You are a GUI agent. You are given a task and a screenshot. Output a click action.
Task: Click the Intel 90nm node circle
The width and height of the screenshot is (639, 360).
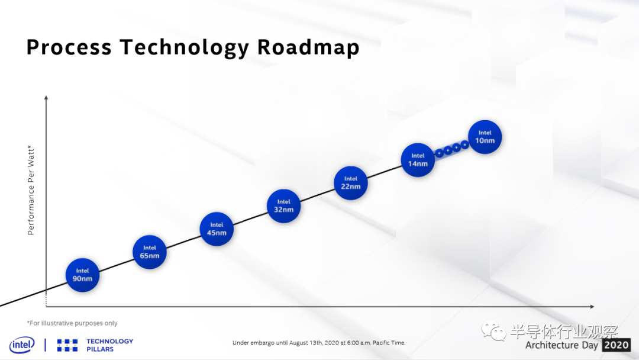(82, 275)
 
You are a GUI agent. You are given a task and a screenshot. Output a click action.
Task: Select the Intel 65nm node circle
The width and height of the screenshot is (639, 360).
(150, 252)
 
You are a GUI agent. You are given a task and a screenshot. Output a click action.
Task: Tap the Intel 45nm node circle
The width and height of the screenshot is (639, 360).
(217, 229)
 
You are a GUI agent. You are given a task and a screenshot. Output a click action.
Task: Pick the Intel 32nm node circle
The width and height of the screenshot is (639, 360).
(283, 206)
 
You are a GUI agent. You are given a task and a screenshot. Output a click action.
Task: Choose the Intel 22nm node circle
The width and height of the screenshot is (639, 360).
(350, 183)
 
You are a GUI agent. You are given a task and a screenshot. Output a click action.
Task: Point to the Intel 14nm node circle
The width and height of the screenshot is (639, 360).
(418, 160)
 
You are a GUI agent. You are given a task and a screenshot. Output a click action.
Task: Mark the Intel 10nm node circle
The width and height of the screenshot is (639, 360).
(485, 137)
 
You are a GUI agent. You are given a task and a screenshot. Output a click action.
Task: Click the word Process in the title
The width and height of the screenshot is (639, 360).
(69, 47)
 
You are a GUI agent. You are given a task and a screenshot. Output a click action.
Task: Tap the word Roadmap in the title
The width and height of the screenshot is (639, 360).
(308, 48)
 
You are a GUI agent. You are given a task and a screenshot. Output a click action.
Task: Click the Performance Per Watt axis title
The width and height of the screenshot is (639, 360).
(31, 191)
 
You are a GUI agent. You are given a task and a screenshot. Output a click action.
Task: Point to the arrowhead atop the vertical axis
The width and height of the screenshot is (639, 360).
(46, 98)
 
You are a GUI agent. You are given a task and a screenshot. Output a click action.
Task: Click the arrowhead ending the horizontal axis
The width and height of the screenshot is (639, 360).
(592, 306)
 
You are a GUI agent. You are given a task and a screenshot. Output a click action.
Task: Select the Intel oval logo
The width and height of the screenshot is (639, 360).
(22, 345)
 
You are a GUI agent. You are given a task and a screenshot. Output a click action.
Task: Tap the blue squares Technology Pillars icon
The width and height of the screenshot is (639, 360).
(67, 345)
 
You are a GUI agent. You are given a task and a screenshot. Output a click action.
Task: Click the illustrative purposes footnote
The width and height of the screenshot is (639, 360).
(72, 323)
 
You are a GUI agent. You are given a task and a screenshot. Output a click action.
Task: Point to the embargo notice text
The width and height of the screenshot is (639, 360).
(319, 343)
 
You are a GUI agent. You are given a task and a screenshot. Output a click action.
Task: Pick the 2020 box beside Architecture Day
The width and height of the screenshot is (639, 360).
(616, 345)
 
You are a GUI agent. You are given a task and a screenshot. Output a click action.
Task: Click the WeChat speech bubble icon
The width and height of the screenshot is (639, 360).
(493, 331)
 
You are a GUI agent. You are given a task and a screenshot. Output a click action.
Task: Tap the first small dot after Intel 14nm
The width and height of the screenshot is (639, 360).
(439, 153)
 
